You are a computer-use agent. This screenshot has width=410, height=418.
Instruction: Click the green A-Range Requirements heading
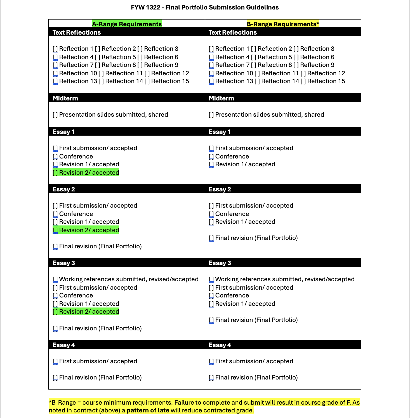(x=127, y=24)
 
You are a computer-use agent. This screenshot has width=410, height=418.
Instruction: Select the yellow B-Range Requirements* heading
(x=283, y=24)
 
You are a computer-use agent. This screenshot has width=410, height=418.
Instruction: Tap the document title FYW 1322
(x=205, y=8)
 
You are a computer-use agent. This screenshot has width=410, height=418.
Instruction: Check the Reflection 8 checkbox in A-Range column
(x=98, y=65)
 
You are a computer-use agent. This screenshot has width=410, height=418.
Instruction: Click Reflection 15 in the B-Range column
(x=326, y=81)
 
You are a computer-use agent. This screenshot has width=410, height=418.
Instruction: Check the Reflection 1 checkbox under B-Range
(x=211, y=49)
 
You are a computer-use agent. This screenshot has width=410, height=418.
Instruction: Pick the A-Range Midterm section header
(x=65, y=98)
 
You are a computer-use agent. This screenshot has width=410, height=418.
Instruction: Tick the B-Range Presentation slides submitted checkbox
(x=211, y=115)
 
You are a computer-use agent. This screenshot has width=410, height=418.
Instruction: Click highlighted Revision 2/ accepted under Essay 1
(x=89, y=173)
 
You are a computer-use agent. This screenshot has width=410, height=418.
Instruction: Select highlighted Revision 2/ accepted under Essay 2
(x=89, y=230)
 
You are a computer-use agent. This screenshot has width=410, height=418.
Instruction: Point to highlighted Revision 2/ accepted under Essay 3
(x=89, y=312)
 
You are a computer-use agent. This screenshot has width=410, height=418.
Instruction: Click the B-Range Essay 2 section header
(x=220, y=189)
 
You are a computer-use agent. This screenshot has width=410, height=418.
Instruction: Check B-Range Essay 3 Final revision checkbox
(x=211, y=320)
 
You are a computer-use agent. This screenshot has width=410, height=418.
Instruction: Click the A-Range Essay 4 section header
(x=64, y=345)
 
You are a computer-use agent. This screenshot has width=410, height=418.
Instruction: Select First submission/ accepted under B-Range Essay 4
(x=254, y=361)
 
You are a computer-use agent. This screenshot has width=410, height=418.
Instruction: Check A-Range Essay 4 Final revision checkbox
(x=55, y=378)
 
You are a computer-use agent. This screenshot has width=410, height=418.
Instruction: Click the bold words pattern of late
(x=148, y=410)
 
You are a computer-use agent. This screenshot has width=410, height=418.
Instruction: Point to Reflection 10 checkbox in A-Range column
(x=55, y=73)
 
